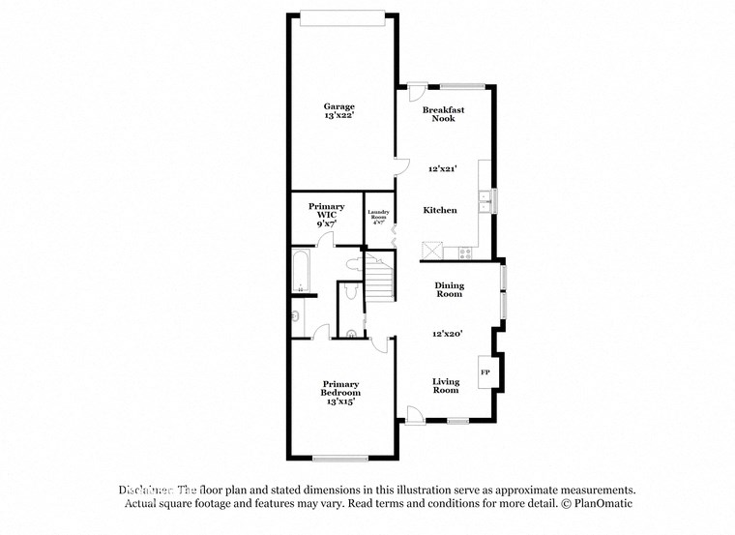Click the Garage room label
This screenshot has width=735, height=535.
pos(338,106)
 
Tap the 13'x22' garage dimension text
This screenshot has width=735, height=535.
pos(338,116)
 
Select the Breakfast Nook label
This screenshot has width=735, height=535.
pos(443,114)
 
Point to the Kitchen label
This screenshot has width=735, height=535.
pos(440,210)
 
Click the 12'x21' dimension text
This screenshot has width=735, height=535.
pos(442,168)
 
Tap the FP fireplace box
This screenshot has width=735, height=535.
pos(485,372)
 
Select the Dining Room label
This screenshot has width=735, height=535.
pos(449,289)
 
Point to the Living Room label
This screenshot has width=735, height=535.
pos(445,386)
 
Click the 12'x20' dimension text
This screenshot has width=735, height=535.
pos(447,333)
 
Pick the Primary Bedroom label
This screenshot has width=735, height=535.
pos(340,389)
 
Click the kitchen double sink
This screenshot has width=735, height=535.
pos(485,201)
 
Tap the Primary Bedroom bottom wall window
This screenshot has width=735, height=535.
pos(339,457)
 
